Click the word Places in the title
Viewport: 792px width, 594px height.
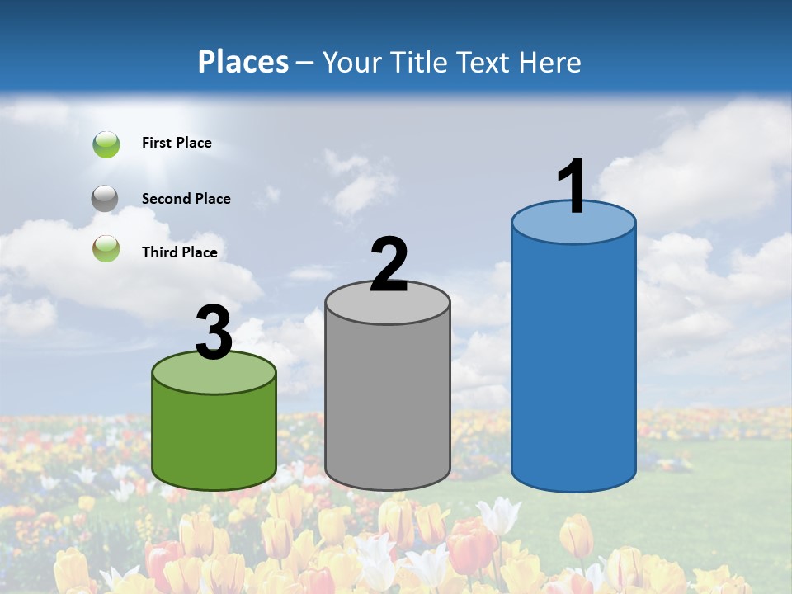[243, 62]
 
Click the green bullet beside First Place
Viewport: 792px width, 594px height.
[106, 144]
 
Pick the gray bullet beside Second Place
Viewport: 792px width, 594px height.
[105, 198]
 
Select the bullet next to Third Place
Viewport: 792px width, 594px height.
[106, 249]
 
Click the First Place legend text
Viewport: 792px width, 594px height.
[177, 143]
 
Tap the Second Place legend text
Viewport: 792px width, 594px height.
[186, 198]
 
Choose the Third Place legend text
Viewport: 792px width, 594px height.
[179, 252]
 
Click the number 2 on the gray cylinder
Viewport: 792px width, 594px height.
[389, 265]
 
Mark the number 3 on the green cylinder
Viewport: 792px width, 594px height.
[214, 332]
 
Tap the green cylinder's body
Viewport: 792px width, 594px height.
[214, 437]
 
